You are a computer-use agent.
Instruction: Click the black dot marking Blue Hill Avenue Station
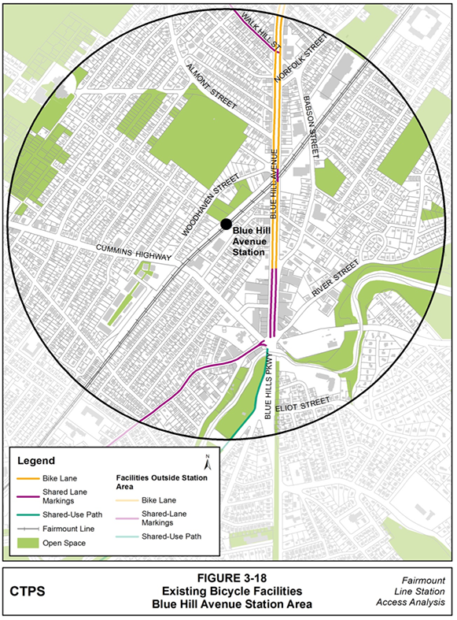(x=226, y=224)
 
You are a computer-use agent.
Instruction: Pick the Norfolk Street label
(x=300, y=60)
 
